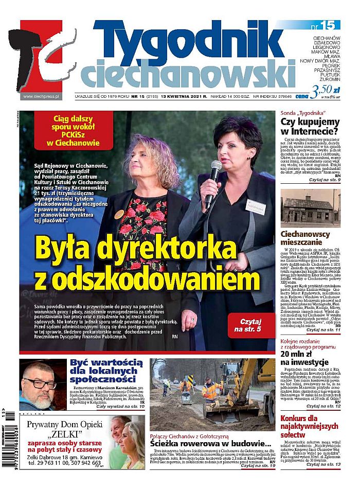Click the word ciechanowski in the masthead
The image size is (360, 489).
click(188, 76)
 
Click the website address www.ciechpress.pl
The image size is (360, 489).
click(41, 96)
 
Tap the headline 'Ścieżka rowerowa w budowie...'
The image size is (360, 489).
click(210, 444)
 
